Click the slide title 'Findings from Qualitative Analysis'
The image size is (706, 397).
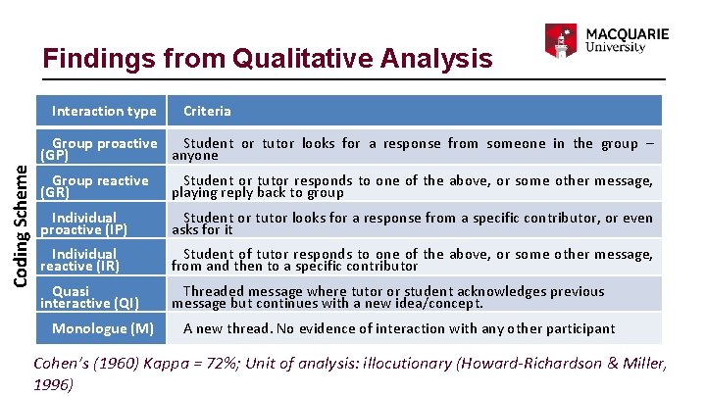point(268,59)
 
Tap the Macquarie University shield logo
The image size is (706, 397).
point(559,40)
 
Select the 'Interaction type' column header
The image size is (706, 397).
point(104,111)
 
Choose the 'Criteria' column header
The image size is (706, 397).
point(207,111)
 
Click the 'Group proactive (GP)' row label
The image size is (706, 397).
point(98,149)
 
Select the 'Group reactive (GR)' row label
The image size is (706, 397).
point(94,186)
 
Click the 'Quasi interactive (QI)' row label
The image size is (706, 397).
point(89,297)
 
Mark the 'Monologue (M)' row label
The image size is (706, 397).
point(102,328)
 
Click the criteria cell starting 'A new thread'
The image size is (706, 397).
point(399,328)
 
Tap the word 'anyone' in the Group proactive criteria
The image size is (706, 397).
point(195,155)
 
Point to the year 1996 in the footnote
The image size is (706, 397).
point(54,384)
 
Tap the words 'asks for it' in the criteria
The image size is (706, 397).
point(202,229)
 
